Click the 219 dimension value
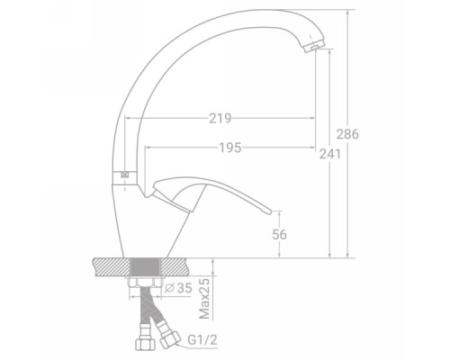[220, 119]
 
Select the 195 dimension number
[230, 148]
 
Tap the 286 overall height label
[347, 134]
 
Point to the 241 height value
[330, 154]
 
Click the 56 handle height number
[279, 234]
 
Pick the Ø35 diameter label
[178, 288]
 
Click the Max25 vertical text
[204, 299]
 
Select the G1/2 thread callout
[202, 340]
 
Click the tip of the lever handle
[270, 212]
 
